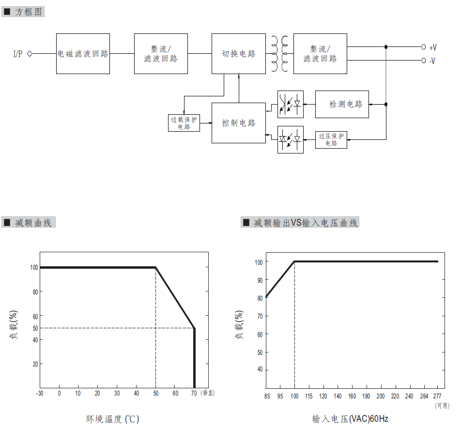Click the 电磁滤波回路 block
pos(83,54)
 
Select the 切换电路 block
pos(239,54)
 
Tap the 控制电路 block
pos(239,123)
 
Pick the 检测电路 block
pos(342,105)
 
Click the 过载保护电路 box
pos(184,123)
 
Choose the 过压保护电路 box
pos(331,139)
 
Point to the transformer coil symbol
pos(279,54)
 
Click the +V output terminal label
pos(433,47)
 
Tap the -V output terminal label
pos(432,61)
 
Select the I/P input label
pos(18,54)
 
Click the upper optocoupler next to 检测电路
pos(291,105)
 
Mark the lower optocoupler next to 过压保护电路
pos(291,139)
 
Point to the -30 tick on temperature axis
pos(40,393)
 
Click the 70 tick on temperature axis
pos(194,393)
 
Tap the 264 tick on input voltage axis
pos(424,396)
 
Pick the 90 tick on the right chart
pos(260,280)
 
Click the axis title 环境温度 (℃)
pos(113,419)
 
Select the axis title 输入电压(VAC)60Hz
pos(350,419)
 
